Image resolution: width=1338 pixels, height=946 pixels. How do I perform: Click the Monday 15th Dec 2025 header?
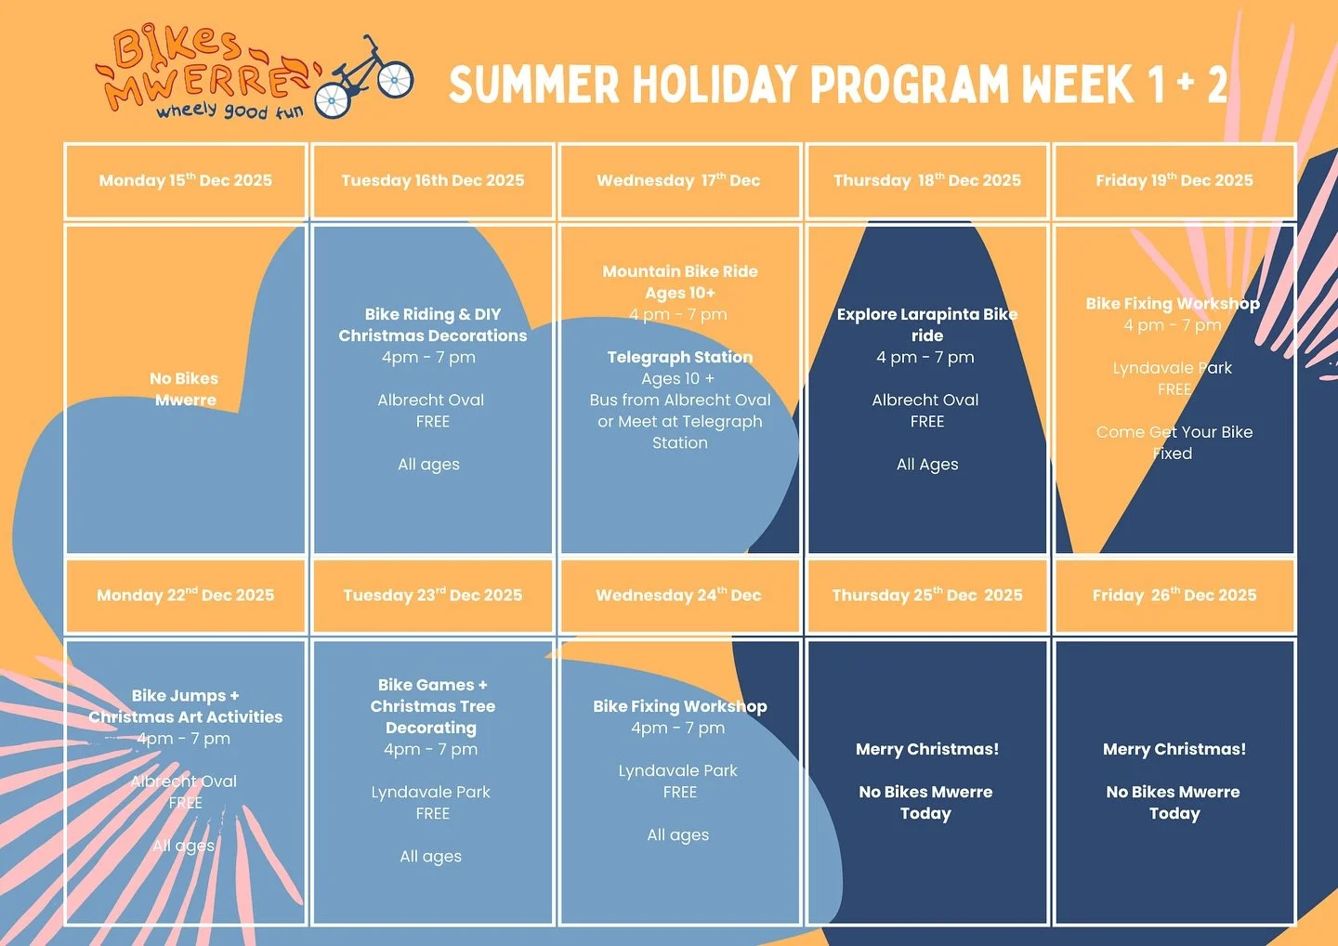[x=186, y=180]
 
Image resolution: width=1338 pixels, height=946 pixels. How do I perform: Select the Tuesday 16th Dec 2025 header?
[x=433, y=180]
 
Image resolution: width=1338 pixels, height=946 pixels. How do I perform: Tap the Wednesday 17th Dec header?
[x=678, y=180]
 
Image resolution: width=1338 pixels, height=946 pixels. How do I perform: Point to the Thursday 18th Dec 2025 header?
[x=927, y=180]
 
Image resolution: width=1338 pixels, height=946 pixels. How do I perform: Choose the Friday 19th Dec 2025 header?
[x=1174, y=180]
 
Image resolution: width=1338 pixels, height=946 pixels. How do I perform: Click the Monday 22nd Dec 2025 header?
[x=186, y=595]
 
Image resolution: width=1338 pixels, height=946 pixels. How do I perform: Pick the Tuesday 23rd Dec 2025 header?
[x=433, y=595]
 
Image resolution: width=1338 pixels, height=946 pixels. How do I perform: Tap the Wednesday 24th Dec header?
[x=678, y=595]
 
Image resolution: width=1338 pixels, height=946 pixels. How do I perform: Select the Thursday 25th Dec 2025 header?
[x=927, y=595]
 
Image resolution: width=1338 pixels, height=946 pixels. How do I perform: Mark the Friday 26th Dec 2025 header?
[x=1174, y=595]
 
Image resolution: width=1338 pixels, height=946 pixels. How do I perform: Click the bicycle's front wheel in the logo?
[x=395, y=80]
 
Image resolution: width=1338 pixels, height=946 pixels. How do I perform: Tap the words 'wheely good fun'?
[x=230, y=112]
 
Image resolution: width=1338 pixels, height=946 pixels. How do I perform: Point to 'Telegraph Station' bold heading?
[x=680, y=357]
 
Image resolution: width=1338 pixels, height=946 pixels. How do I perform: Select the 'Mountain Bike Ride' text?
[x=680, y=271]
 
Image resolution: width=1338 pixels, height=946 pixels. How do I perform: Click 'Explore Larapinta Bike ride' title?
[x=927, y=324]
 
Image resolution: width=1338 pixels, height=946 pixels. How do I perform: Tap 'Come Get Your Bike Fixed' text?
[x=1174, y=442]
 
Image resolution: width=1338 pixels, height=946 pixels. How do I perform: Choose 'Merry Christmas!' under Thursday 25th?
[x=927, y=749]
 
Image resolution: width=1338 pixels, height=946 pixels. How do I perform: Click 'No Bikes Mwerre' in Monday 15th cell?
[x=185, y=389]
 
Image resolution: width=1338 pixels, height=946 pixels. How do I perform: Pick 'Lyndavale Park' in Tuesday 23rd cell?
[x=431, y=792]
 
